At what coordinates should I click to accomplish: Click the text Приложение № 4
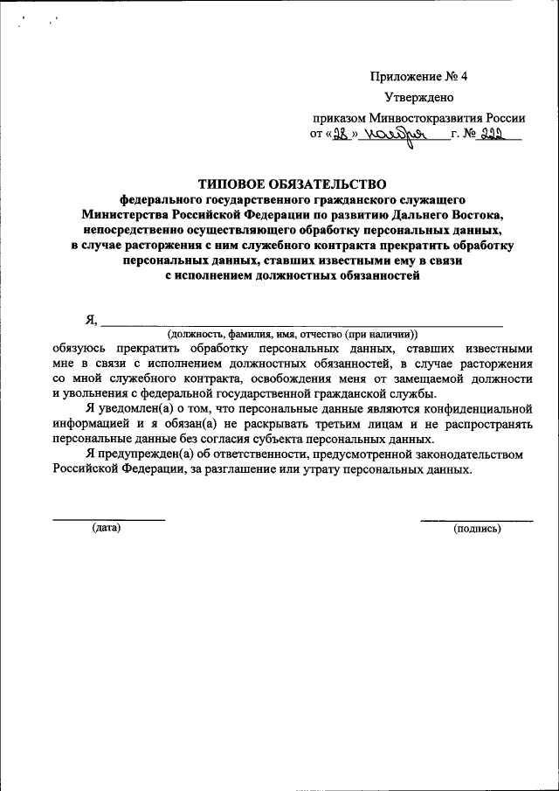[x=419, y=76]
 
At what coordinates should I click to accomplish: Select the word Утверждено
[x=419, y=97]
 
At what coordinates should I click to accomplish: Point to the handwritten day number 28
[x=342, y=134]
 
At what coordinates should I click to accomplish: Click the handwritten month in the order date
[x=394, y=135]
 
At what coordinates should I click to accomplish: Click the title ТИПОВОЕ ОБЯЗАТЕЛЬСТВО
[x=292, y=184]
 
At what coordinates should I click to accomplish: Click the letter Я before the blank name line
[x=90, y=320]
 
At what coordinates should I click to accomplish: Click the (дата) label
[x=107, y=527]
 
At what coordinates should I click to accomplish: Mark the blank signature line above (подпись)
[x=476, y=520]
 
